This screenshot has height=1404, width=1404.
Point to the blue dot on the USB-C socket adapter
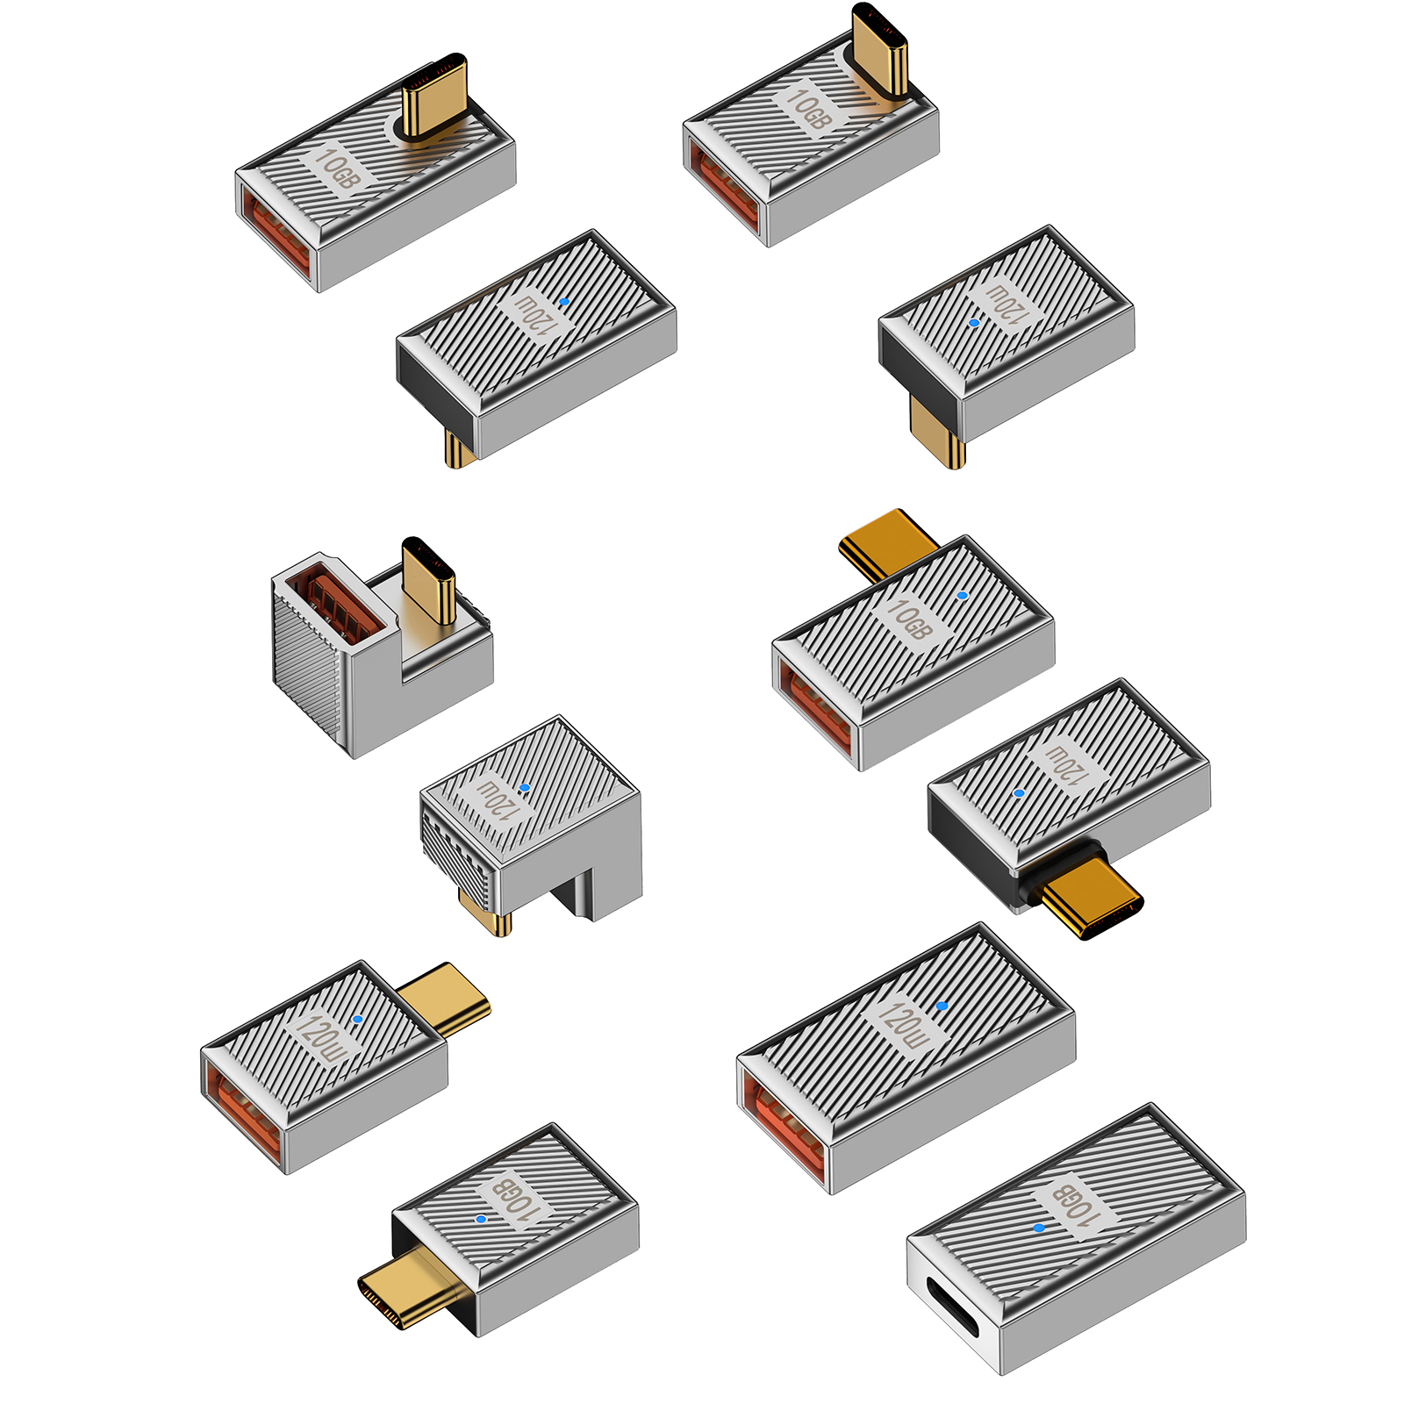(1040, 1228)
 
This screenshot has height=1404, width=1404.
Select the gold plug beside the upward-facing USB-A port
(429, 580)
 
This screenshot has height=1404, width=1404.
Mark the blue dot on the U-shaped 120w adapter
(524, 788)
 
